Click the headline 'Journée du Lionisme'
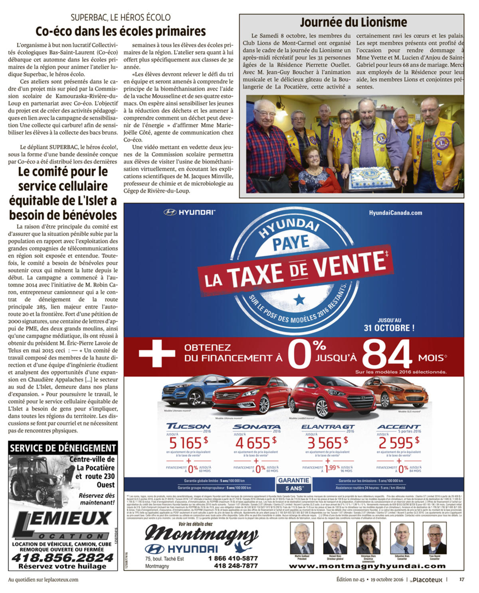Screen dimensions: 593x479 click(x=353, y=22)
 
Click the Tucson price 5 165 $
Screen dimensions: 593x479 click(x=188, y=443)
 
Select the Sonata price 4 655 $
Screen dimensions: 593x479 click(x=255, y=443)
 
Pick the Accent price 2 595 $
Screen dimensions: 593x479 click(x=398, y=443)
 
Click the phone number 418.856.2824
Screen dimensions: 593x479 click(x=63, y=557)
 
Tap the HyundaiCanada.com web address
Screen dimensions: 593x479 click(x=395, y=213)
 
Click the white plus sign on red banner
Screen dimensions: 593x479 click(x=156, y=353)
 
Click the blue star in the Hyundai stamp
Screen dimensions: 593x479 click(x=299, y=299)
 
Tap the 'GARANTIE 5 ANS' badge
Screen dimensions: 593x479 click(x=293, y=484)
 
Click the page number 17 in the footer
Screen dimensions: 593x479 click(x=461, y=579)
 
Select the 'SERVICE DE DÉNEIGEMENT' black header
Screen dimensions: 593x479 click(x=63, y=448)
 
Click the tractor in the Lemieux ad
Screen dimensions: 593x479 click(x=38, y=481)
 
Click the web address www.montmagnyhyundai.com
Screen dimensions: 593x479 click(x=370, y=566)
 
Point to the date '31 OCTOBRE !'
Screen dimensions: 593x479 click(x=389, y=328)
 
